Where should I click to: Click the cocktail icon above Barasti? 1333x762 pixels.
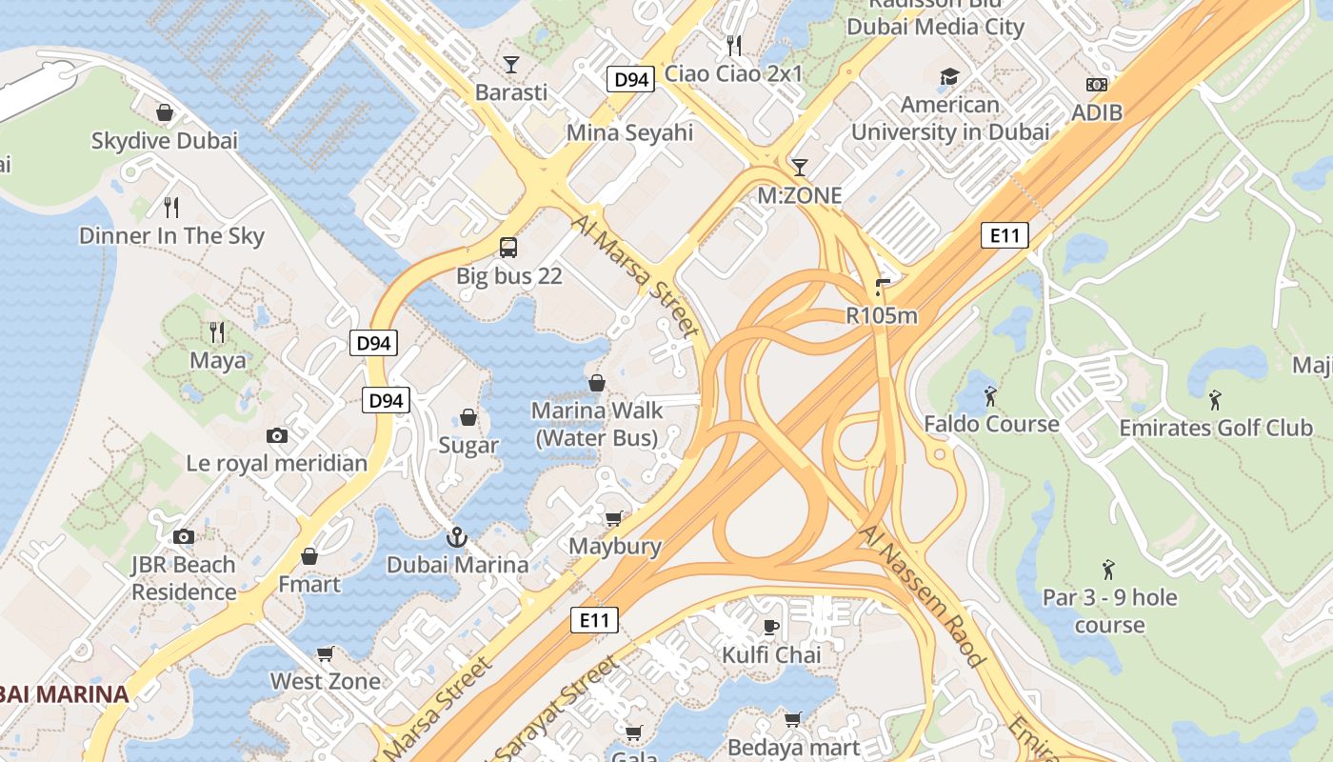tap(511, 64)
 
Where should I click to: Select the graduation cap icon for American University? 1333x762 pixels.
tap(949, 76)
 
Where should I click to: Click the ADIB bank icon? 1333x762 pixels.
tap(1097, 85)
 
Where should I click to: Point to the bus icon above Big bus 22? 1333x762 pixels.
tap(508, 248)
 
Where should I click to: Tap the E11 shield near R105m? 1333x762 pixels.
tap(1005, 234)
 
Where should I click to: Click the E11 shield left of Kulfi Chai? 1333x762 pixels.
tap(595, 620)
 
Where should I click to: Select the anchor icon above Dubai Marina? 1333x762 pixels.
tap(457, 537)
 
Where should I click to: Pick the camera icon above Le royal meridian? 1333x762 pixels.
tap(277, 435)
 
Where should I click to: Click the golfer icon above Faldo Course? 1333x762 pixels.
tap(991, 395)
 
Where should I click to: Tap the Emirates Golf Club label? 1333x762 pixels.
tap(1215, 428)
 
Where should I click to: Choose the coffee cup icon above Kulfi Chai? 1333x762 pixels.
tap(771, 627)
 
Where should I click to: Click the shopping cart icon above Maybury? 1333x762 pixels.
tap(614, 518)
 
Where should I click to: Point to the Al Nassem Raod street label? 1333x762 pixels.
tap(922, 594)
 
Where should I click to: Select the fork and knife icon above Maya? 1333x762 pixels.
tap(217, 331)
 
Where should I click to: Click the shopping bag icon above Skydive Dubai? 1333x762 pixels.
tap(165, 112)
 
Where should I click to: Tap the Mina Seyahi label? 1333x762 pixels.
tap(629, 132)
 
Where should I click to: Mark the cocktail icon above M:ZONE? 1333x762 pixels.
tap(800, 168)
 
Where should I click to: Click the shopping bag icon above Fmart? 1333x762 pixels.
tap(309, 556)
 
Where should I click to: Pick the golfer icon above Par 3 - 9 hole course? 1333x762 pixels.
tap(1108, 570)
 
